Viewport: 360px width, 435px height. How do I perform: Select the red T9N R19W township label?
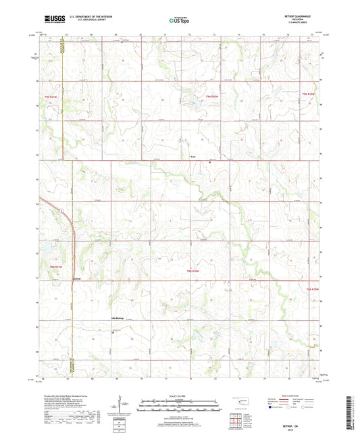click(309, 93)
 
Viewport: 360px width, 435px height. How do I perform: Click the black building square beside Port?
click(209, 163)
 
